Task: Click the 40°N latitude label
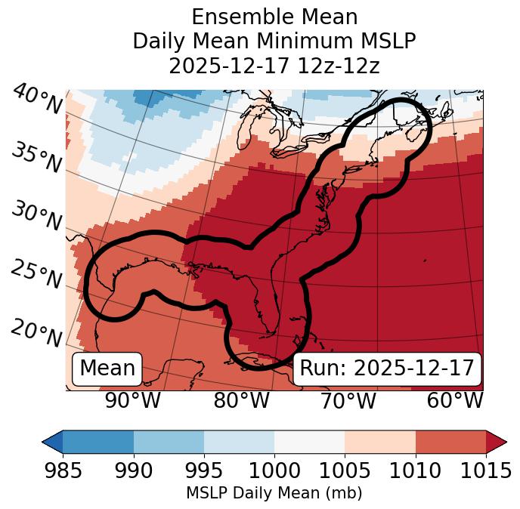36,100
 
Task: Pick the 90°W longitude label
132,400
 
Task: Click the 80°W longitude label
241,400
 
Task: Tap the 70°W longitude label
348,400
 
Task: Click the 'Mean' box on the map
107,369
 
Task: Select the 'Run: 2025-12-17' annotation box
387,369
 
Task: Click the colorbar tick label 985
63,471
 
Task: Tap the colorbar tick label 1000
274,471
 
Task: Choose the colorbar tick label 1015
484,471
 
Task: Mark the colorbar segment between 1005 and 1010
379,442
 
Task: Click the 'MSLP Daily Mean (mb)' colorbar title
274,494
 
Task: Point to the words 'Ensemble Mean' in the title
274,17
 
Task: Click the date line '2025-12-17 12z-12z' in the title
274,66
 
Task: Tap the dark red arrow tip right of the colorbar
498,442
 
